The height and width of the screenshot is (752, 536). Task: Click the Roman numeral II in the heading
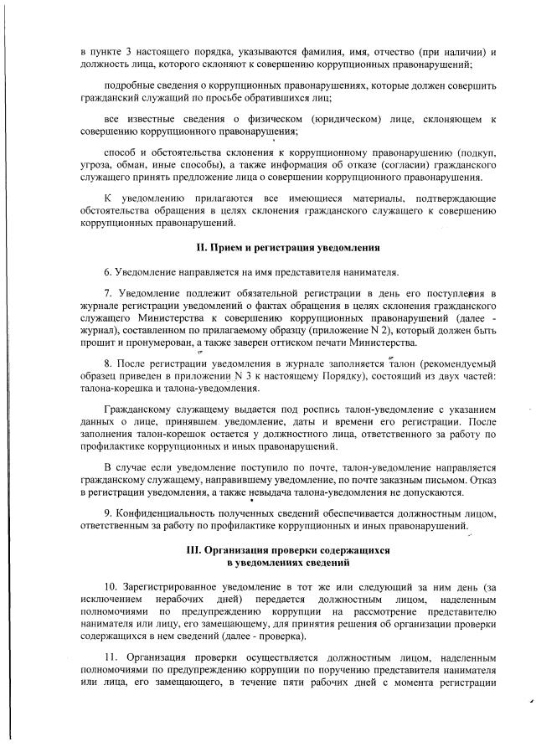(199, 248)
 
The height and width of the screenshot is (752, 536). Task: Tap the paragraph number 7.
(107, 294)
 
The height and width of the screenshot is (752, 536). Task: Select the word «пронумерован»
(153, 342)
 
